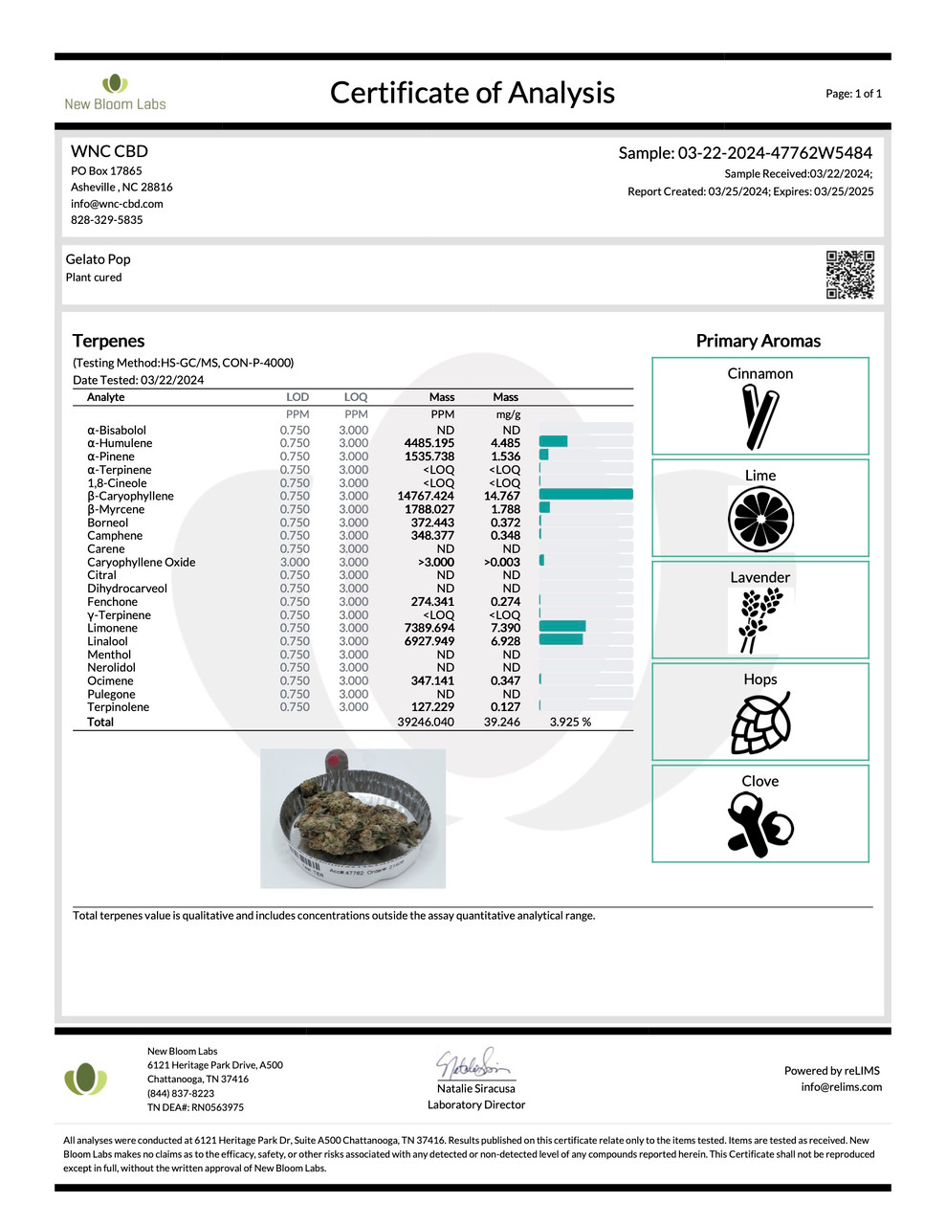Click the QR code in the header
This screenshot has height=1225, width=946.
[x=849, y=275]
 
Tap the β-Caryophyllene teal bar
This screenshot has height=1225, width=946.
[x=585, y=495]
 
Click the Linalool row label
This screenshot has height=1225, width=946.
[x=107, y=641]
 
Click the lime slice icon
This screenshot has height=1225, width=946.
[x=760, y=519]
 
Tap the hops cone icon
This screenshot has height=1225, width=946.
[x=760, y=723]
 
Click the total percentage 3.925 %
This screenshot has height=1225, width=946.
[x=570, y=722]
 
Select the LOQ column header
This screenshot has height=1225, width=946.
[x=355, y=397]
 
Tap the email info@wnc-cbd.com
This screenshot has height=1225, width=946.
[x=117, y=204]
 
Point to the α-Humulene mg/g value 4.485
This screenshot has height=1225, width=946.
[x=505, y=443]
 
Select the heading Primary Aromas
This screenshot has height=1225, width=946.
[x=758, y=341]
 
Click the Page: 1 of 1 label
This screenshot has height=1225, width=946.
[x=853, y=94]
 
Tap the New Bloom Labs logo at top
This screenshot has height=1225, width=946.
[x=115, y=92]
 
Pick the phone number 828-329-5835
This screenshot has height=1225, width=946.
[x=106, y=220]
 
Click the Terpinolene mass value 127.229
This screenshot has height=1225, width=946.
[x=432, y=707]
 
